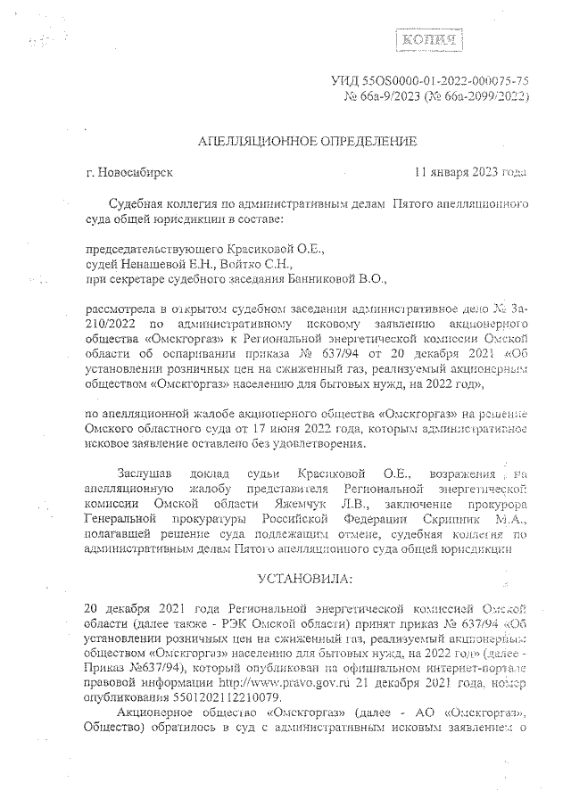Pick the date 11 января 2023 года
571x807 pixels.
pos(470,172)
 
